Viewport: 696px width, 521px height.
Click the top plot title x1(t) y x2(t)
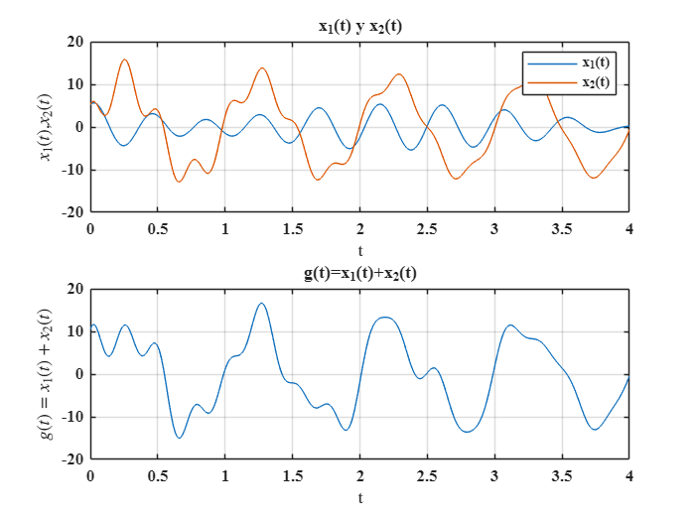358,26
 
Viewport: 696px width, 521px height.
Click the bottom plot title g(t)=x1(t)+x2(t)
358,273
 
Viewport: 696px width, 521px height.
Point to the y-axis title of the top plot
46,126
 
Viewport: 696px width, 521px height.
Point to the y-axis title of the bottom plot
46,374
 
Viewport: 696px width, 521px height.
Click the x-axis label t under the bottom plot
359,497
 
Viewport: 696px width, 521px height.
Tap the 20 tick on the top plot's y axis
73,42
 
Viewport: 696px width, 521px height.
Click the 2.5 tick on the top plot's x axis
427,228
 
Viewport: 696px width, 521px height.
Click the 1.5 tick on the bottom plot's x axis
292,476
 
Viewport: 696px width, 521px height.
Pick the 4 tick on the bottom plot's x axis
628,476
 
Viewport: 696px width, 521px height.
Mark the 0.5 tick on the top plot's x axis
157,228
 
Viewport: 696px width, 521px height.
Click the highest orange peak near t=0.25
125,60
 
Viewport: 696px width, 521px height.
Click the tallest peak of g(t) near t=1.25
262,304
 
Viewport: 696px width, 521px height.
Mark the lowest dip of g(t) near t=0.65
180,438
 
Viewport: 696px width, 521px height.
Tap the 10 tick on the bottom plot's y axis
73,332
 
